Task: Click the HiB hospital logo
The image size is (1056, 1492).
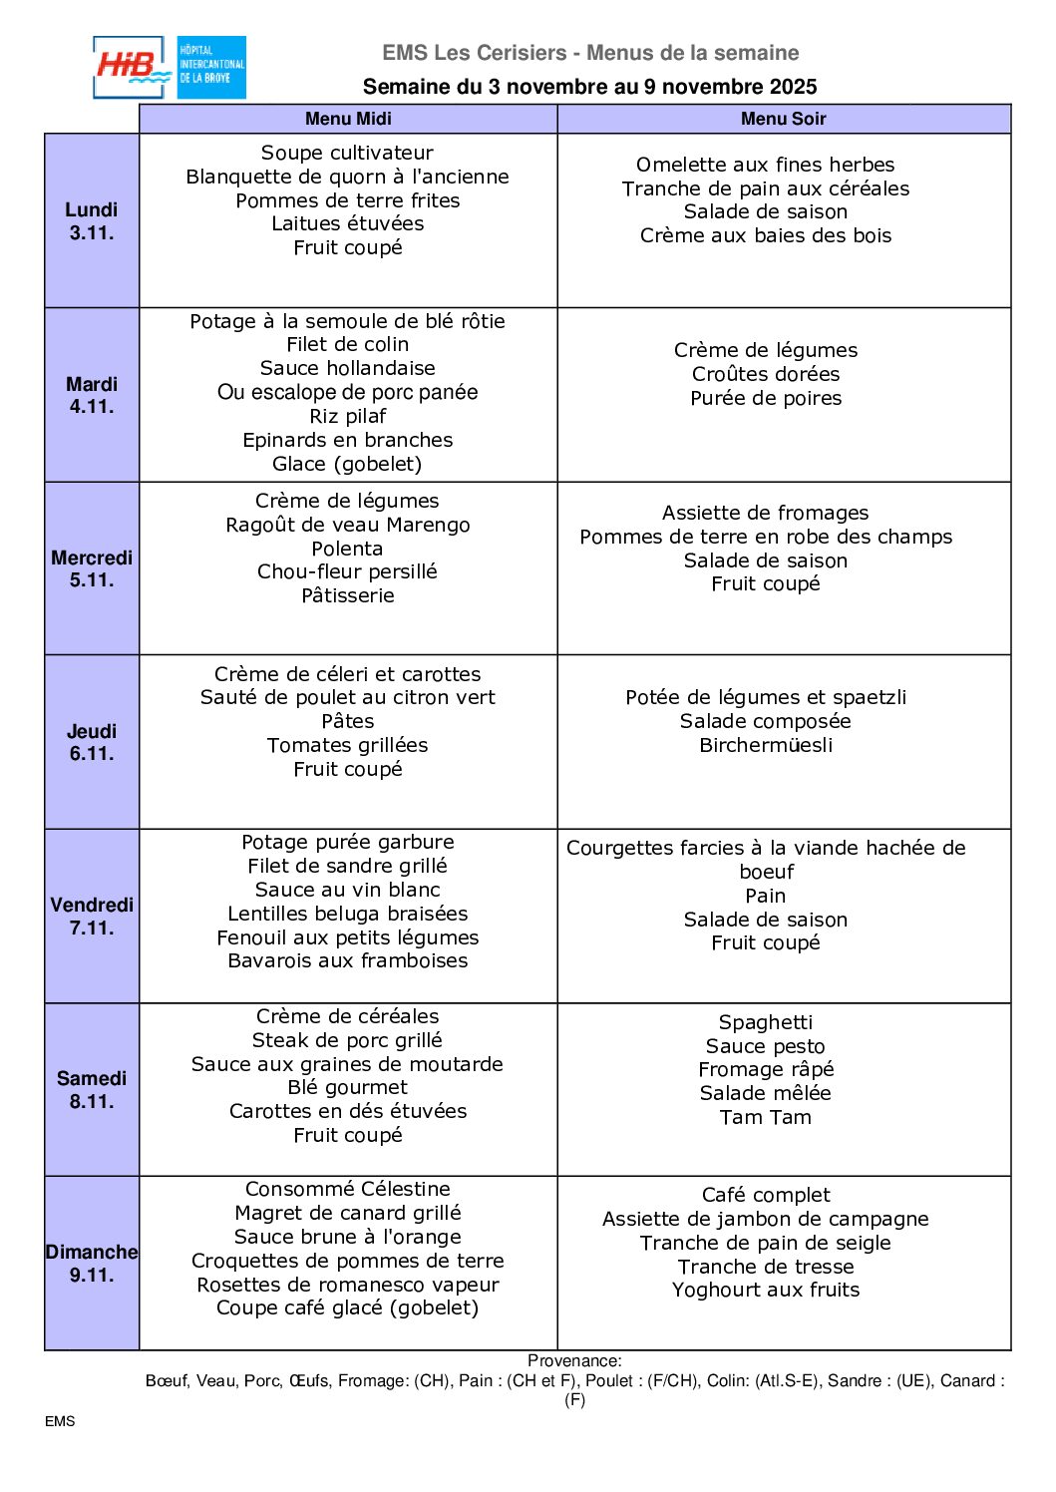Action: pyautogui.click(x=169, y=68)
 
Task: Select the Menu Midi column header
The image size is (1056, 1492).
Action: pyautogui.click(x=348, y=119)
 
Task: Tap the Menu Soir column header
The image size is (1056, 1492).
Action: pyautogui.click(x=783, y=119)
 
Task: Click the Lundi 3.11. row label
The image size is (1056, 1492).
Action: pyautogui.click(x=92, y=221)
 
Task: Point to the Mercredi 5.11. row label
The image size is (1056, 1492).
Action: pyautogui.click(x=92, y=568)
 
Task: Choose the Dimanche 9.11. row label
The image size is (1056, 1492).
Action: pyautogui.click(x=92, y=1264)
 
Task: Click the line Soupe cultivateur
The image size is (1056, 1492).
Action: pyautogui.click(x=347, y=153)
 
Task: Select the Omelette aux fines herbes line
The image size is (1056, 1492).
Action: pyautogui.click(x=765, y=165)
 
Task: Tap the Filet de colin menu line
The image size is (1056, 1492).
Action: pyautogui.click(x=347, y=344)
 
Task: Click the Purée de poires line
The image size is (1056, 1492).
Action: pyautogui.click(x=765, y=398)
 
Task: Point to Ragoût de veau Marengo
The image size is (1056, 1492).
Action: pyautogui.click(x=347, y=525)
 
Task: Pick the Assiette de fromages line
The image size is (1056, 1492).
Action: pyautogui.click(x=765, y=513)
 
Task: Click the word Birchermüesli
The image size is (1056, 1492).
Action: pyautogui.click(x=765, y=745)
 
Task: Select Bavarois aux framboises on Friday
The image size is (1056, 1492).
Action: pyautogui.click(x=347, y=960)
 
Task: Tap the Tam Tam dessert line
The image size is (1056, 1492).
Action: pyautogui.click(x=765, y=1117)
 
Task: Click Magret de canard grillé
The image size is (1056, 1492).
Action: pyautogui.click(x=347, y=1213)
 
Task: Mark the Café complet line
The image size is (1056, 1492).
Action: pyautogui.click(x=765, y=1195)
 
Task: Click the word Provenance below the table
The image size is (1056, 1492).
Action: pyautogui.click(x=573, y=1360)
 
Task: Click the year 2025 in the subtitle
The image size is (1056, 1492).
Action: pyautogui.click(x=792, y=87)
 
